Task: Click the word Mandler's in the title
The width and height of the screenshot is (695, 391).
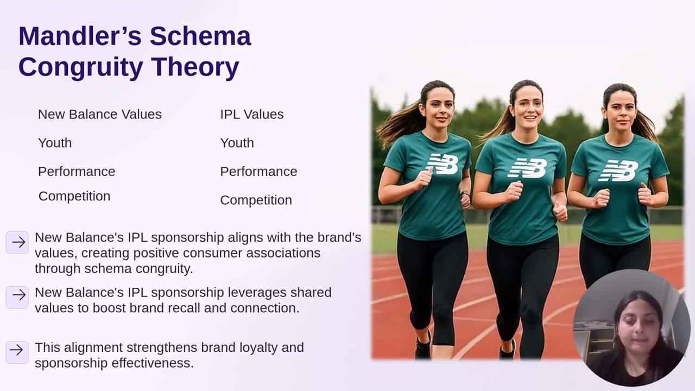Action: tap(80, 36)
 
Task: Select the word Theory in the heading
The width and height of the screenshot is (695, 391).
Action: tap(195, 67)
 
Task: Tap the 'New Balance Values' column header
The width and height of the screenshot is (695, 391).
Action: tap(99, 115)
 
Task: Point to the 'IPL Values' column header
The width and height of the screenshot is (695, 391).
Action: tap(251, 115)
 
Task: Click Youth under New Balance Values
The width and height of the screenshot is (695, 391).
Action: tap(55, 143)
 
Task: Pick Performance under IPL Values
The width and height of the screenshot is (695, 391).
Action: tap(258, 172)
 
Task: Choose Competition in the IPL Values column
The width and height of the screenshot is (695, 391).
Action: tap(256, 200)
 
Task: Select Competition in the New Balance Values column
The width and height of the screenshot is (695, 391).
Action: tap(74, 197)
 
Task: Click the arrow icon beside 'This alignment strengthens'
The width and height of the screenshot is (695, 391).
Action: tap(17, 350)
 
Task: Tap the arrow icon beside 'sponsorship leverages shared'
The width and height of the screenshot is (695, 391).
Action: tap(17, 295)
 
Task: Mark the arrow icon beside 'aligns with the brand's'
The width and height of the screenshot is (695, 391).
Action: tap(17, 242)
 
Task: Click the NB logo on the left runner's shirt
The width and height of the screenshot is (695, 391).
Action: tap(443, 164)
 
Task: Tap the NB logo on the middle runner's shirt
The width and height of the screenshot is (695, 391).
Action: tap(527, 168)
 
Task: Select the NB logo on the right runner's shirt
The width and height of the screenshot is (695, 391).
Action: tap(618, 171)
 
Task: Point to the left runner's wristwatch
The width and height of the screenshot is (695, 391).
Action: tap(464, 194)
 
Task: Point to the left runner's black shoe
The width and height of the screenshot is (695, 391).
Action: tap(424, 346)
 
